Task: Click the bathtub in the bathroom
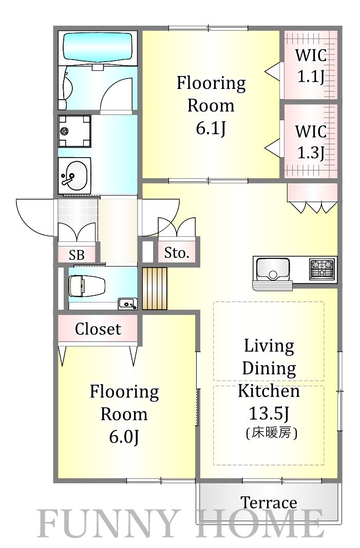(x=98, y=48)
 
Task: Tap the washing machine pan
(x=74, y=131)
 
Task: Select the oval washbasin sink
(x=73, y=176)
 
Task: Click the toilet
(x=87, y=286)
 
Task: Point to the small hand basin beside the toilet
(x=127, y=304)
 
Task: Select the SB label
(x=77, y=255)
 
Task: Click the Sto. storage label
(x=177, y=253)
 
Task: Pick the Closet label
(x=98, y=329)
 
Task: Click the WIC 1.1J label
(x=311, y=65)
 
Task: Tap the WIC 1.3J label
(x=311, y=142)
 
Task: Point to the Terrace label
(x=269, y=503)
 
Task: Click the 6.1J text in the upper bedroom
(x=211, y=128)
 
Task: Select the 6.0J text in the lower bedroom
(x=124, y=437)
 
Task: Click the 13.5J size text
(x=269, y=414)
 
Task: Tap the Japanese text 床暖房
(x=272, y=433)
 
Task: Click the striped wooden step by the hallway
(x=155, y=289)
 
